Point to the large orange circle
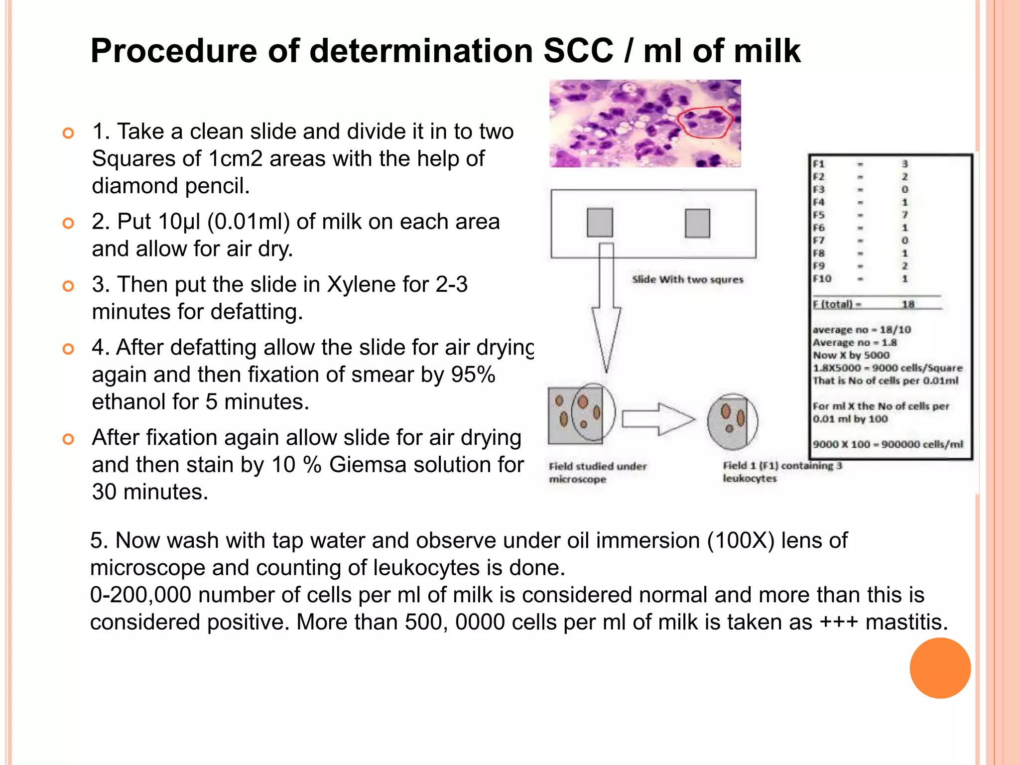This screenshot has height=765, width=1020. click(940, 668)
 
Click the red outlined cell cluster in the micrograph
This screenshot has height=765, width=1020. click(705, 123)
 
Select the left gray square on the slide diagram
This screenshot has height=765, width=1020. click(600, 223)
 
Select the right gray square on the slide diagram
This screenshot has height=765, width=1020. click(697, 223)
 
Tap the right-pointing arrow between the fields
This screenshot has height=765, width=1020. click(657, 419)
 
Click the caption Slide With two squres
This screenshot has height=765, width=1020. click(687, 279)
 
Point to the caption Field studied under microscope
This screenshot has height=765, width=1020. click(597, 472)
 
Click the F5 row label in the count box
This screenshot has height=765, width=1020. click(819, 215)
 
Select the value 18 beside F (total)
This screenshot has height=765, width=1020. click(908, 304)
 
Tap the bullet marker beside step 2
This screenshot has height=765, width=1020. click(68, 223)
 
